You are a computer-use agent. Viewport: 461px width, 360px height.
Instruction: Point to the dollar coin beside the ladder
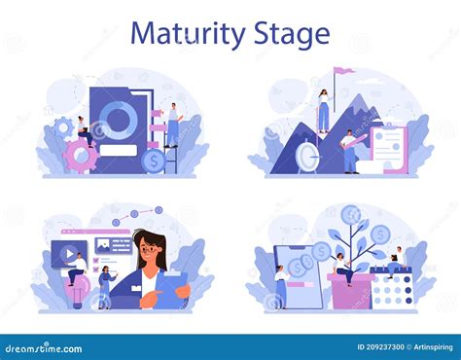tap(152, 159)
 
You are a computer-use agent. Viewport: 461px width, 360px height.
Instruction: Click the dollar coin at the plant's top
tap(353, 215)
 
